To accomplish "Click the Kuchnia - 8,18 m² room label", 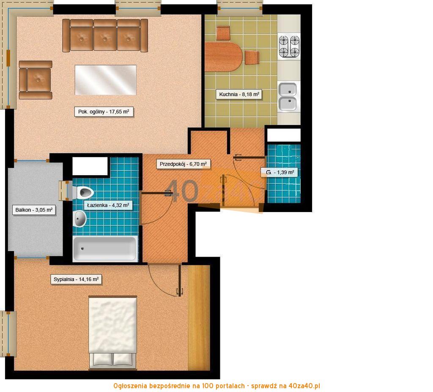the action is click(239, 94).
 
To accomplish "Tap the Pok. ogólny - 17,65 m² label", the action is click(104, 112).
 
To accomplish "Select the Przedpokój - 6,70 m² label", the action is click(183, 164).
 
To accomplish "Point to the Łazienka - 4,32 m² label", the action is click(108, 205).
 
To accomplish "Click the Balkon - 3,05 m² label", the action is click(34, 210).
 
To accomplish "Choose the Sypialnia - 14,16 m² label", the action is click(76, 279).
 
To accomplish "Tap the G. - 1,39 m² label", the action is click(280, 172).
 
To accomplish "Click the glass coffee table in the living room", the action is click(105, 80).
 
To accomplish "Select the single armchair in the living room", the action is click(36, 80).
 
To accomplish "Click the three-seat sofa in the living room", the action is click(105, 36).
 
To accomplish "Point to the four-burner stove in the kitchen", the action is click(289, 47).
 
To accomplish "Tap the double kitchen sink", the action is click(288, 96).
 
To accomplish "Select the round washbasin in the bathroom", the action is click(79, 219).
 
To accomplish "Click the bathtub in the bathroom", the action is click(105, 248).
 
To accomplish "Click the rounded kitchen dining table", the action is click(224, 57).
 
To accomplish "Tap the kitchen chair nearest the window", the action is click(223, 33).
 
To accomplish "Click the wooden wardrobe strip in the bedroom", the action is click(199, 317).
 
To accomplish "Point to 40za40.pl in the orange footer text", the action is click(304, 386).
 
